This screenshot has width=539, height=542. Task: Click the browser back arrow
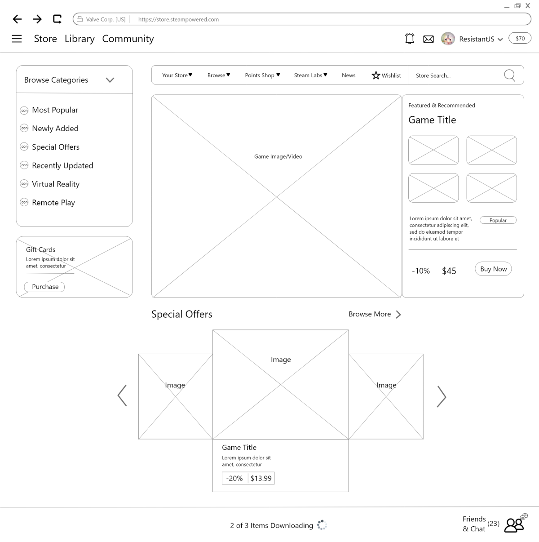[x=17, y=19]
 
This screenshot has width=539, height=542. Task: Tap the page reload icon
[x=57, y=19]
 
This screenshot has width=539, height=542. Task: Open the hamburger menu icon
[x=17, y=39]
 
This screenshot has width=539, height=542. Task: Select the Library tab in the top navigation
[x=80, y=39]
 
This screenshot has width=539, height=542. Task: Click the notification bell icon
[x=410, y=39]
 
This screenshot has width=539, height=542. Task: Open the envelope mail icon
[x=428, y=39]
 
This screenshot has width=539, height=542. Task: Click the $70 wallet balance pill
[x=520, y=38]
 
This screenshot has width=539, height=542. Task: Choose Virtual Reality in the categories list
[x=56, y=184]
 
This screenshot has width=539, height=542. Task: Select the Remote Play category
[x=53, y=203]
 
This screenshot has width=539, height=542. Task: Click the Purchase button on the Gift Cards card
[x=44, y=287]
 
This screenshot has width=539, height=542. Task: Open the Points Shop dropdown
[x=262, y=75]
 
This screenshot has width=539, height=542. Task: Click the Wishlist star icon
[x=376, y=75]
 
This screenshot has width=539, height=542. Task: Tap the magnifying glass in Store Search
[x=509, y=76]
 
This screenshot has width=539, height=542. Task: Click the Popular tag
[x=498, y=220]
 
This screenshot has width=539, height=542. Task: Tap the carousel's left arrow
[x=122, y=395]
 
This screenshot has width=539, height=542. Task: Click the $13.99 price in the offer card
[x=261, y=478]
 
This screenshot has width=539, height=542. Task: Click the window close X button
[x=528, y=6]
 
